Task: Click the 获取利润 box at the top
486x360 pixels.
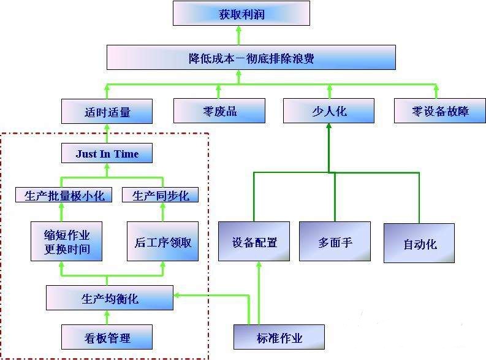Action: click(x=241, y=13)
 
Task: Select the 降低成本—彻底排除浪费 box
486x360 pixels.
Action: click(x=251, y=58)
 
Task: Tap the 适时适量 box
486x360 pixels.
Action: click(x=107, y=112)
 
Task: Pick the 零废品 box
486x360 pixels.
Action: click(x=219, y=112)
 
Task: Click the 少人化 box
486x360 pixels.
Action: click(x=328, y=112)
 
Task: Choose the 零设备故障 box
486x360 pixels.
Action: click(x=440, y=112)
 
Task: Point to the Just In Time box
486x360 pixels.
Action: click(x=107, y=153)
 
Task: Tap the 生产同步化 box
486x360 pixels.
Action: click(x=161, y=195)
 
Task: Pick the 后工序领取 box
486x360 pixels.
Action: click(x=162, y=242)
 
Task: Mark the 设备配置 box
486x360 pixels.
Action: click(x=254, y=242)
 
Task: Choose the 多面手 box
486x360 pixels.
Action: click(x=335, y=242)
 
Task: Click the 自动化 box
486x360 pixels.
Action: click(x=419, y=243)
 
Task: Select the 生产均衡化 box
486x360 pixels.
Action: click(x=110, y=299)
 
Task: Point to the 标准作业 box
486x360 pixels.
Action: click(x=279, y=337)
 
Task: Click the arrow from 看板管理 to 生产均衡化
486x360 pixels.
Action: click(x=107, y=318)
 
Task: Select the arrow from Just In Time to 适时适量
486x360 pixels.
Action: click(x=107, y=134)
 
